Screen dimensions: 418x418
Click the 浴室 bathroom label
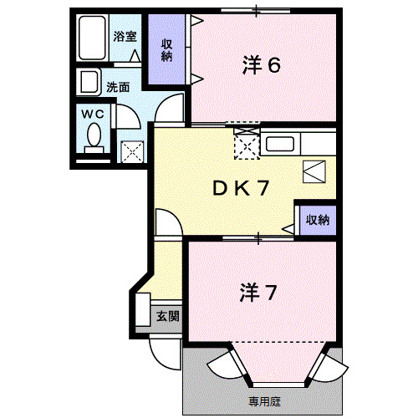(x=125, y=37)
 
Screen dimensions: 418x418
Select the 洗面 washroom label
(x=117, y=86)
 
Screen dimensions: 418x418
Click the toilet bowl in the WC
(x=94, y=134)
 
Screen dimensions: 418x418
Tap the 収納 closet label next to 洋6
(x=167, y=50)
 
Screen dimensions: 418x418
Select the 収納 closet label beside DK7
(x=317, y=221)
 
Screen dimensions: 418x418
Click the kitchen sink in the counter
(x=278, y=144)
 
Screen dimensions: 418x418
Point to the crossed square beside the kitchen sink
(x=247, y=145)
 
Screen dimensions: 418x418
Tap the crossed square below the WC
(x=134, y=151)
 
